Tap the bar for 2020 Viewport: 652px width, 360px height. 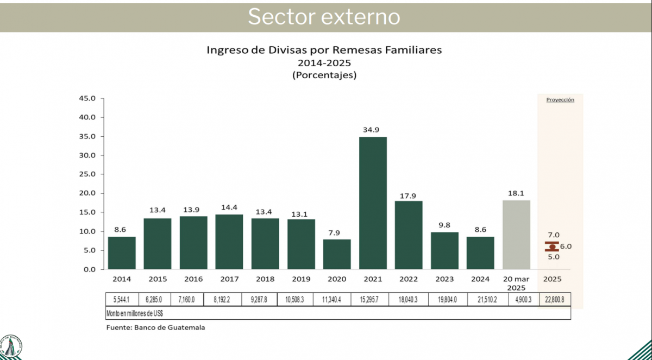pos(337,254)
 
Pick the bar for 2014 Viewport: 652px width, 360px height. pos(122,252)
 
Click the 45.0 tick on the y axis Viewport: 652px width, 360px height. pos(87,98)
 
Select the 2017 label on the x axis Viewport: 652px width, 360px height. pos(229,279)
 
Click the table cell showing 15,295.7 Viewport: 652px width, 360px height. pos(372,299)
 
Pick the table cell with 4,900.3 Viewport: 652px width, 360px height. pos(516,299)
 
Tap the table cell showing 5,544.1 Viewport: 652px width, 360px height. pos(122,299)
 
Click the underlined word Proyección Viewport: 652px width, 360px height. pos(560,100)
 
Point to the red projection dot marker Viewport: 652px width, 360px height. pos(552,247)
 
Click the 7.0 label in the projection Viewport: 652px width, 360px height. pos(553,235)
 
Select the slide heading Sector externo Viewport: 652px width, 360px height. pos(324,17)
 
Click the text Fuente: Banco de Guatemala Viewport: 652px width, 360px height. pos(155,327)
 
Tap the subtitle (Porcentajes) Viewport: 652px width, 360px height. pos(324,75)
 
